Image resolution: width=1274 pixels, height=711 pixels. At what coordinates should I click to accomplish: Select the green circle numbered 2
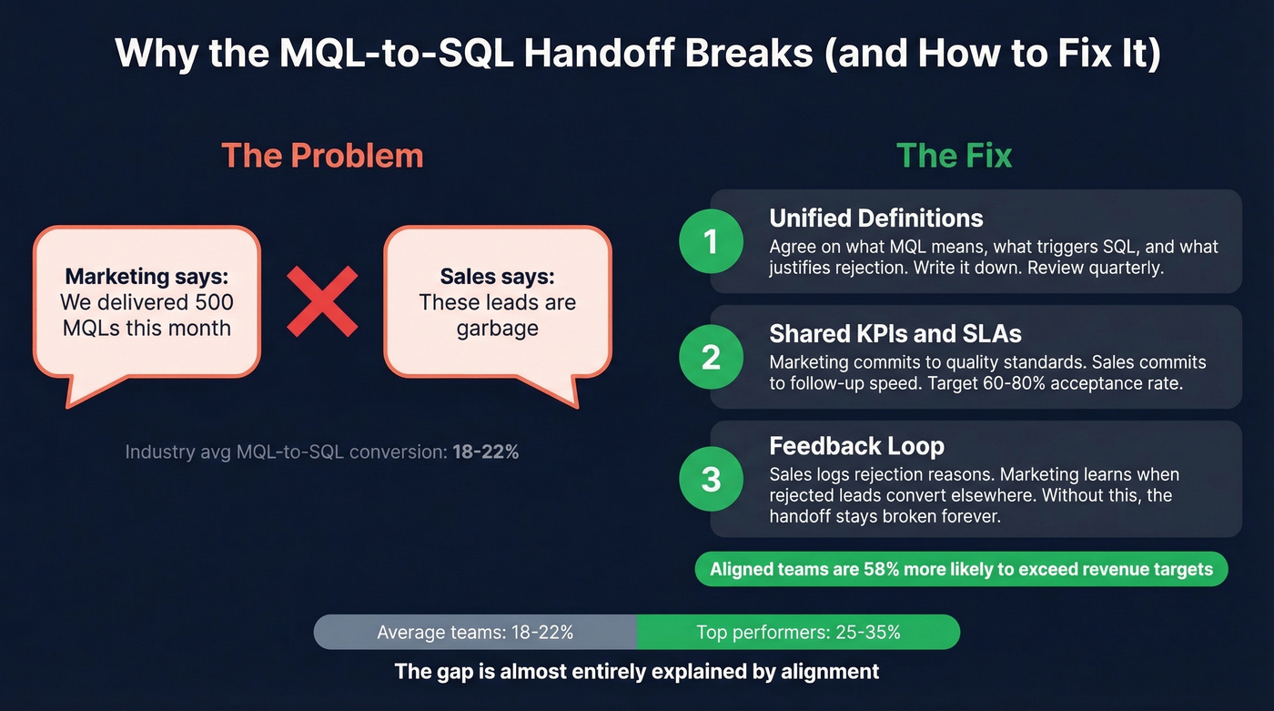pos(711,357)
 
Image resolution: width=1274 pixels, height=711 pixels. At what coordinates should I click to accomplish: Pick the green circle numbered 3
pos(711,478)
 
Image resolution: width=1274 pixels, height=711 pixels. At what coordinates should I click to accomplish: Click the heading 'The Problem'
pos(322,156)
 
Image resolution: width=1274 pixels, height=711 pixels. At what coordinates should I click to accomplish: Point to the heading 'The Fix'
pos(954,156)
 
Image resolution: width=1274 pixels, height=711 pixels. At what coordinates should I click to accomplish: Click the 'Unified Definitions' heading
pos(875,218)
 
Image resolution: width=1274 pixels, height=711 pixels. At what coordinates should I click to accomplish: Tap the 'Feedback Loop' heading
pos(856,446)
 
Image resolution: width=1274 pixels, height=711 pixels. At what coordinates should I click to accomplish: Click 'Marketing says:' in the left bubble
pos(147,277)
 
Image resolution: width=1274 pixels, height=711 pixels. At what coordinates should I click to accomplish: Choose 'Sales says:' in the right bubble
pos(497,277)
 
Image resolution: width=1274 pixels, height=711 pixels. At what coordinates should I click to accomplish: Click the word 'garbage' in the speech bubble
pos(497,328)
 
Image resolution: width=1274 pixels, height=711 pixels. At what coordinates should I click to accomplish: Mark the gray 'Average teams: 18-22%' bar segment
pos(475,632)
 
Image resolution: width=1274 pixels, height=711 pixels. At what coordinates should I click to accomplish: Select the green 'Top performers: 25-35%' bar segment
pos(798,632)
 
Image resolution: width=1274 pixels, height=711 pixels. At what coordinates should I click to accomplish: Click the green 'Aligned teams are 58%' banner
pos(961,569)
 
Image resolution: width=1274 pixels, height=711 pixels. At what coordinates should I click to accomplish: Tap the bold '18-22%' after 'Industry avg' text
pos(485,451)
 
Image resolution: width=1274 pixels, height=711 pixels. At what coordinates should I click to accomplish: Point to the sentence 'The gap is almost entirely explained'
pos(636,672)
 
